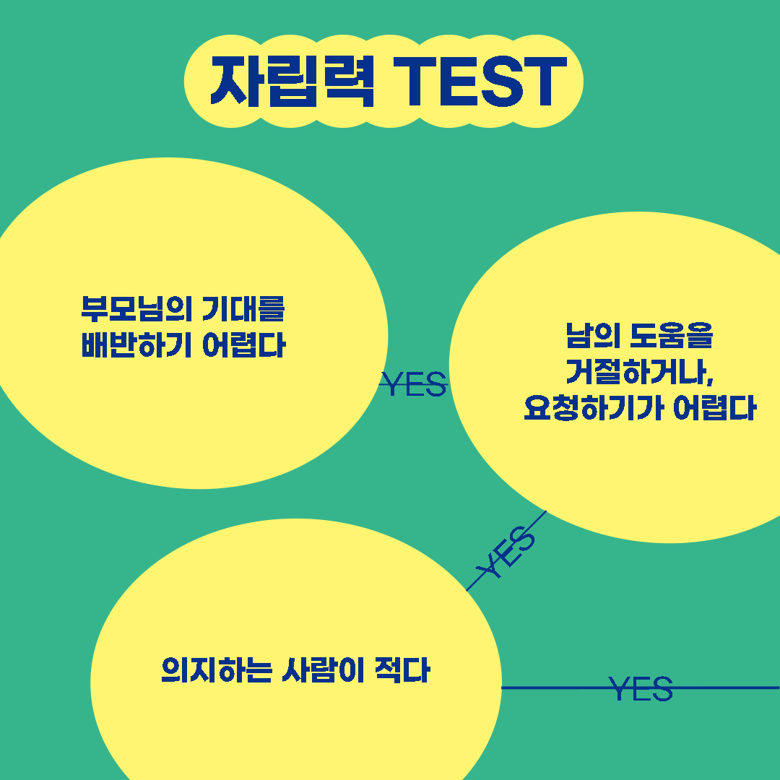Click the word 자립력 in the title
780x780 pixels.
pos(292,81)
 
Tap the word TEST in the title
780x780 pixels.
pos(482,81)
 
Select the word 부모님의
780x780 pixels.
pos(136,308)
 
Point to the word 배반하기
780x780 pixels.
pos(136,346)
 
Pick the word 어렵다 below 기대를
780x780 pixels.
pos(244,346)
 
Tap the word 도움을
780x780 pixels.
pos(671,335)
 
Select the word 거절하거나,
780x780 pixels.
pos(640,372)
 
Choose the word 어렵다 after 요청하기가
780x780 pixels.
pos(714,409)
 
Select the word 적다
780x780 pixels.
pos(402,669)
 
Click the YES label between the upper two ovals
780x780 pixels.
pos(414,385)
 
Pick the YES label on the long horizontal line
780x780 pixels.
pos(641,688)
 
